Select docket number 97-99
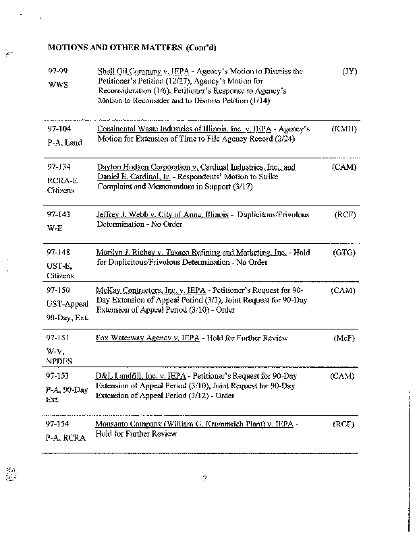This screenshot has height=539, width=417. tap(57, 71)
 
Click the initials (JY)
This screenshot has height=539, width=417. tap(350, 71)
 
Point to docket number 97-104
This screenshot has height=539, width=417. tap(59, 128)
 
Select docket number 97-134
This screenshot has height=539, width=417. tap(59, 166)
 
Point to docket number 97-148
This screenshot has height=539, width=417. tap(59, 252)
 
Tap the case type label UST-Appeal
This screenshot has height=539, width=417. tap(67, 303)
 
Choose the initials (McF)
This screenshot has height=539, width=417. tap(344, 338)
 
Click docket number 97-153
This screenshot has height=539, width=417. tap(59, 375)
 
